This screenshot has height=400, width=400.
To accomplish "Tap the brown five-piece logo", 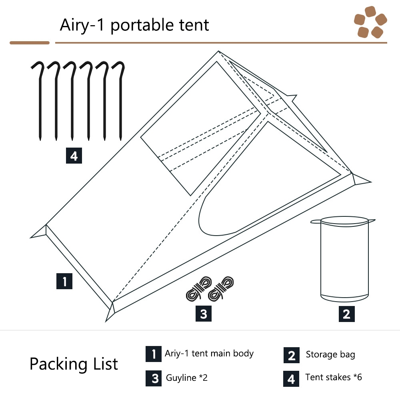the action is [370, 22].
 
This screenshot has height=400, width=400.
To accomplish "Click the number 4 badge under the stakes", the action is [74, 156].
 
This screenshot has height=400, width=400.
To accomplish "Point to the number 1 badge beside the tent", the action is [64, 281].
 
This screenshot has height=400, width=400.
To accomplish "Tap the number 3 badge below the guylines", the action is [204, 314].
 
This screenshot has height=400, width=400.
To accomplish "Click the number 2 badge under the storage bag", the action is [347, 314].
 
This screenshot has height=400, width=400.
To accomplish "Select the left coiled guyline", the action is [199, 288].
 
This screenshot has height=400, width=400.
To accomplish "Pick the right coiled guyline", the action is [221, 288].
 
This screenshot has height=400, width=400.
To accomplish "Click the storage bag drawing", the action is [343, 259].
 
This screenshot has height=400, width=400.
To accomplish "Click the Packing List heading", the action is [74, 364].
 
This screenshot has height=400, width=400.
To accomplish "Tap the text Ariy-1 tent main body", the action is [209, 354].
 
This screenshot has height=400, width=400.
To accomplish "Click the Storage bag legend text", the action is [330, 354].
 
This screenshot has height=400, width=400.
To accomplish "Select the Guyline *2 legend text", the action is [187, 378].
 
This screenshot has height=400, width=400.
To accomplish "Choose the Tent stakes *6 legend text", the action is [334, 377].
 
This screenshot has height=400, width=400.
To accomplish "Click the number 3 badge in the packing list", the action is [154, 378].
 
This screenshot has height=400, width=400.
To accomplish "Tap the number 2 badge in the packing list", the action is [292, 355].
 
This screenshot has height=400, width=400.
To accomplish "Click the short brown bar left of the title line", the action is [30, 43].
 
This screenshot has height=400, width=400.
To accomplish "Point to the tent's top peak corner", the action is [218, 51].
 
